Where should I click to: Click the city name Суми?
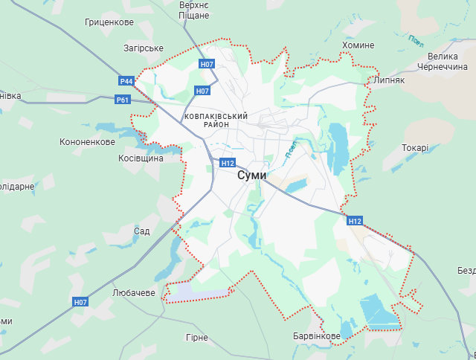[x=251, y=176]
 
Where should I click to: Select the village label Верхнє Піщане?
[x=195, y=10]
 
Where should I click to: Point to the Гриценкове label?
[x=109, y=22]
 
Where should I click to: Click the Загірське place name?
[x=144, y=48]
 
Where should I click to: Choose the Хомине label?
[x=358, y=45]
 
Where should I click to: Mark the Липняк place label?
[x=390, y=80]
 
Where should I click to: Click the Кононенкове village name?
[x=87, y=142]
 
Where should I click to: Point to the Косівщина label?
[x=141, y=159]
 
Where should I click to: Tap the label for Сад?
[x=141, y=231]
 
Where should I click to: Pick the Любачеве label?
[x=133, y=292]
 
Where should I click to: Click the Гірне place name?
[x=197, y=338]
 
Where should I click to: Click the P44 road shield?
[x=126, y=80]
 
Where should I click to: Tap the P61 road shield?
[x=123, y=100]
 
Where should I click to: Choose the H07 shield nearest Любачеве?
[x=80, y=302]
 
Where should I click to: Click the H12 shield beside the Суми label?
[x=227, y=163]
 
